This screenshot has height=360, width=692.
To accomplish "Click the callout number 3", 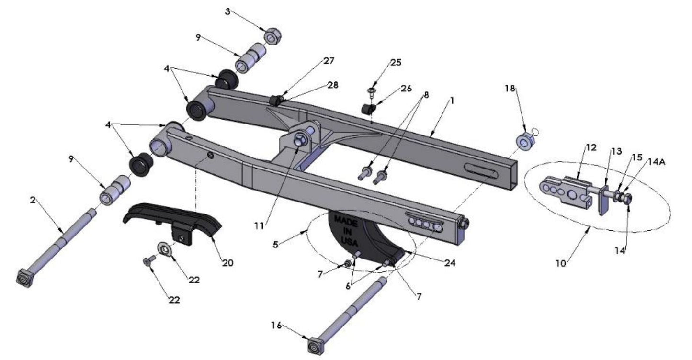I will click(x=227, y=11).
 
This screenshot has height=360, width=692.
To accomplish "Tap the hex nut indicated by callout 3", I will click(x=272, y=36).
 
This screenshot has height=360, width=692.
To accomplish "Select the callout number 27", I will click(x=329, y=61).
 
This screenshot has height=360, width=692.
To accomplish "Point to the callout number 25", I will click(x=396, y=62).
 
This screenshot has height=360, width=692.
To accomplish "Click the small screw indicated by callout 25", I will click(x=371, y=90).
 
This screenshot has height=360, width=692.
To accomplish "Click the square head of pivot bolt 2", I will click(x=24, y=278).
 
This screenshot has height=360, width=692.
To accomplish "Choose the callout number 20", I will click(x=227, y=262).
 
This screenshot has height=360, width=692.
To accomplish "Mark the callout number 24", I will click(x=449, y=263).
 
